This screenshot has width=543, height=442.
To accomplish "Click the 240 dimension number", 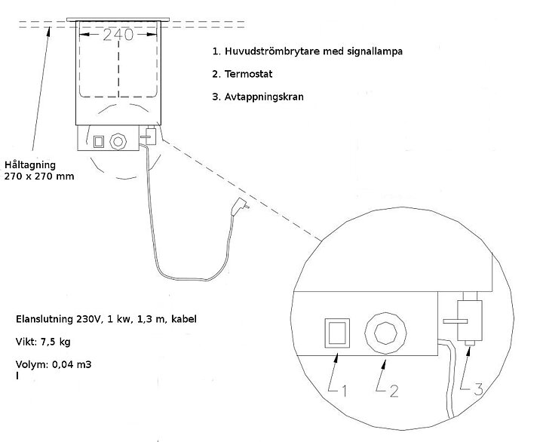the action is (118, 35).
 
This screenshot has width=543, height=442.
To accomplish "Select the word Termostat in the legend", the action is (248, 74).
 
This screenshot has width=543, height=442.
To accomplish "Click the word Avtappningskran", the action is (264, 97).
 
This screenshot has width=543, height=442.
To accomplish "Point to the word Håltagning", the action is (30, 165).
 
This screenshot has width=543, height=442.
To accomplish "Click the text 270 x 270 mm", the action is (39, 176).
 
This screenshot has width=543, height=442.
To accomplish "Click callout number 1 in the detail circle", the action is (344, 391).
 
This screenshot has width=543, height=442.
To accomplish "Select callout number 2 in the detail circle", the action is (394, 391).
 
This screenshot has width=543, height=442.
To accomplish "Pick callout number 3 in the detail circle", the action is (478, 389).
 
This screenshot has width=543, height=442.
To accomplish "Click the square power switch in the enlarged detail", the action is (337, 333).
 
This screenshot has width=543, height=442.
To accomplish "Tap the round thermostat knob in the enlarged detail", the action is (385, 333).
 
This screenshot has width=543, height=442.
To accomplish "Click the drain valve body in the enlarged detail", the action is (470, 321).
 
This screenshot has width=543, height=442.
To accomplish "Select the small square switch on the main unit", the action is (99, 142).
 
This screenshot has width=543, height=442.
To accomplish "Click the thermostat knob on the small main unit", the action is (118, 141).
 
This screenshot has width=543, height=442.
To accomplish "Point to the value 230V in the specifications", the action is (88, 319).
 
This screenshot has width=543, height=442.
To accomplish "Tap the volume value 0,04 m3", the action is (72, 364).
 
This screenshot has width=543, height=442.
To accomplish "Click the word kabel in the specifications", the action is (184, 319).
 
